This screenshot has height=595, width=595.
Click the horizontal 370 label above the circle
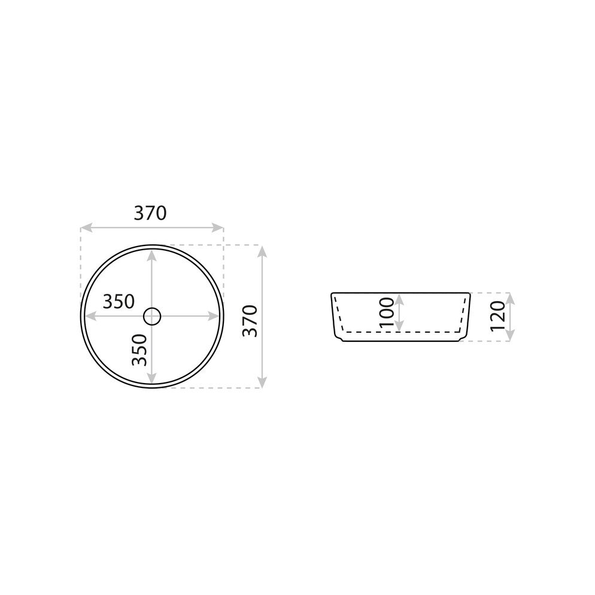coord(150,213)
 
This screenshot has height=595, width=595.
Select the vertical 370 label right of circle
coord(250,321)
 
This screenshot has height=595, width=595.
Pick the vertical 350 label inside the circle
coord(139,350)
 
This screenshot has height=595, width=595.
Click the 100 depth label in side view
coord(387,312)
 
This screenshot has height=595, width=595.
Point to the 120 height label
coord(498,317)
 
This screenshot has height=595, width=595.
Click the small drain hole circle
coord(152,316)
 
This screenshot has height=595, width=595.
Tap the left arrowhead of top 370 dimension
coord(86,227)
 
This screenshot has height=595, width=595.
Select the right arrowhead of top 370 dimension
coord(218,227)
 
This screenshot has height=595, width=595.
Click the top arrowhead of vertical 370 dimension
coord(262,251)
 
